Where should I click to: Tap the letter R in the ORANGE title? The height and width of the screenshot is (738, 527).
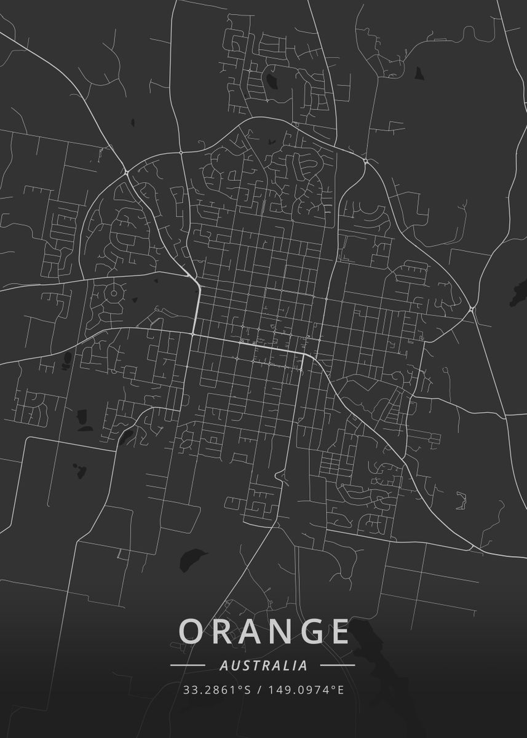click(222, 632)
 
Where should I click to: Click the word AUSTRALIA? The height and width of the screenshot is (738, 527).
click(263, 665)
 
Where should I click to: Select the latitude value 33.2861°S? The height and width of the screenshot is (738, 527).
click(217, 690)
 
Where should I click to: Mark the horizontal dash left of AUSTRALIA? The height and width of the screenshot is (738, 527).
click(188, 665)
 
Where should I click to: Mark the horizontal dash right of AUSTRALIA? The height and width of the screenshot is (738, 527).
click(338, 665)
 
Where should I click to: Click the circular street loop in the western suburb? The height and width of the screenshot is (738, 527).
click(113, 293)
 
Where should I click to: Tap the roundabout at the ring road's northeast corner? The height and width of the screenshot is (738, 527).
click(365, 161)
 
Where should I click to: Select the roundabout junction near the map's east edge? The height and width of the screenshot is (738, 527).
click(472, 308)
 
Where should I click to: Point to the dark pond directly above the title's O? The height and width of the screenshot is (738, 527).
click(192, 558)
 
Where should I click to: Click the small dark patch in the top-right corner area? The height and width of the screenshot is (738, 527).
click(419, 73)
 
